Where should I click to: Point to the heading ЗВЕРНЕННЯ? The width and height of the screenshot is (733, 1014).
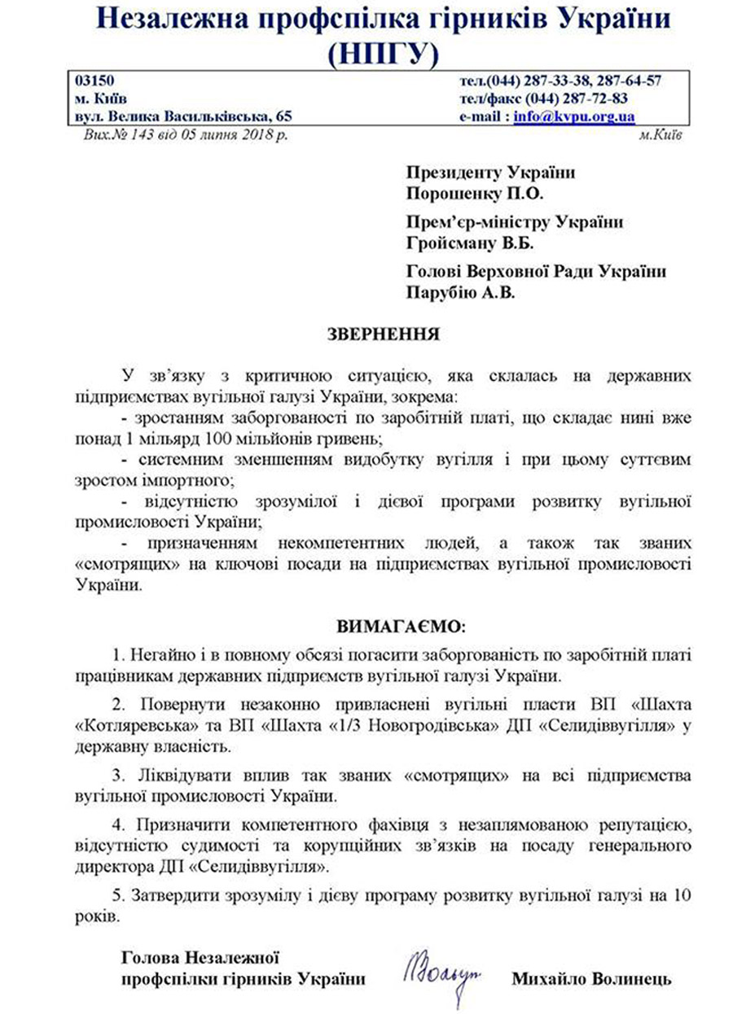pos(383,334)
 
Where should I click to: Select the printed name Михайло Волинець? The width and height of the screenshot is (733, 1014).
pos(591,979)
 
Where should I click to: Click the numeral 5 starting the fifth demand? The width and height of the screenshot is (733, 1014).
pos(116,896)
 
